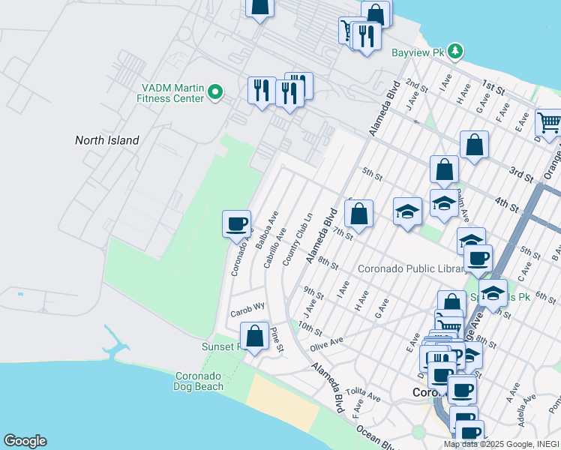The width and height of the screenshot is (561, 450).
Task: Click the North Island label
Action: (106, 140)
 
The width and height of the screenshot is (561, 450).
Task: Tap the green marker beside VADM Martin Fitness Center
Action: (215, 92)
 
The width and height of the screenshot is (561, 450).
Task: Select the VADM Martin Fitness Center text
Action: (170, 92)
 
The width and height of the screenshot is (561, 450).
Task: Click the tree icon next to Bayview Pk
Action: (454, 51)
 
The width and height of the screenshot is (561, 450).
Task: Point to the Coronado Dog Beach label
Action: (199, 381)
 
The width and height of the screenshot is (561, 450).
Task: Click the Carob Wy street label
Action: (247, 307)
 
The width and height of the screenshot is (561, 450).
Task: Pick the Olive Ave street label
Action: (326, 343)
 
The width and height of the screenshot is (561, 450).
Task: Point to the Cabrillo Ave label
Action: (274, 247)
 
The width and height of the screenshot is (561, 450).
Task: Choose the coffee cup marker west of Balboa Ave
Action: (237, 224)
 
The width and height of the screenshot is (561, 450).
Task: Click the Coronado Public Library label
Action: (408, 268)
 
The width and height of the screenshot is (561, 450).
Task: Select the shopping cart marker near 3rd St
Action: (550, 123)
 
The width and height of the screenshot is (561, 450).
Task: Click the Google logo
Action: (25, 441)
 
